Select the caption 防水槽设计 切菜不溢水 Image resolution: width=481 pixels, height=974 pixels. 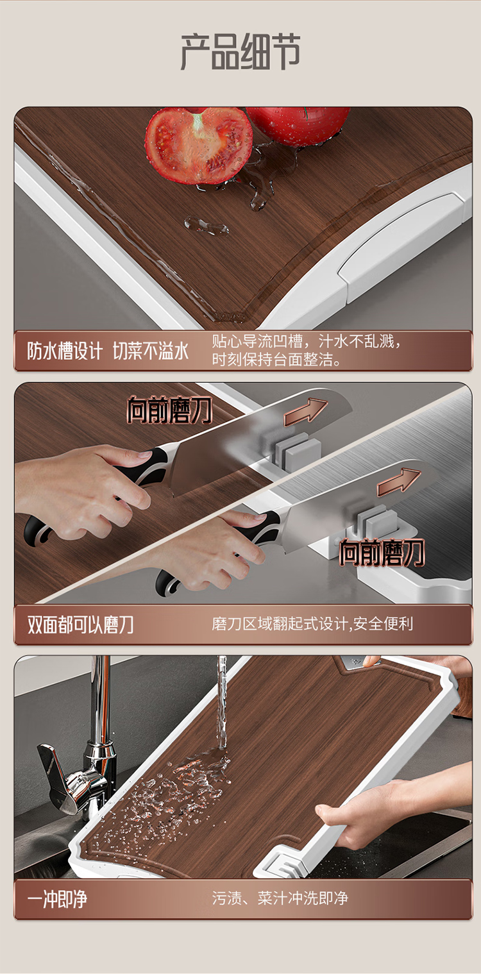click(108, 351)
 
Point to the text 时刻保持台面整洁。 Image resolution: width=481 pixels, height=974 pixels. click(276, 360)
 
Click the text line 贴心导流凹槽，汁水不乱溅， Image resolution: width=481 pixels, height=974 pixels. click(306, 341)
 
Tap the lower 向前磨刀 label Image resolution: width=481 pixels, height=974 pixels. click(382, 552)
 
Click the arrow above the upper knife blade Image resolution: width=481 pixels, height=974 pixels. click(305, 412)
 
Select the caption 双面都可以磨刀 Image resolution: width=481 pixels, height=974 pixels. click(80, 625)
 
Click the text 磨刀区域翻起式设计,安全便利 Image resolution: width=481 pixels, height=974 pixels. click(312, 624)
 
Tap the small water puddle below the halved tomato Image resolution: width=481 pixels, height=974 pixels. click(206, 226)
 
